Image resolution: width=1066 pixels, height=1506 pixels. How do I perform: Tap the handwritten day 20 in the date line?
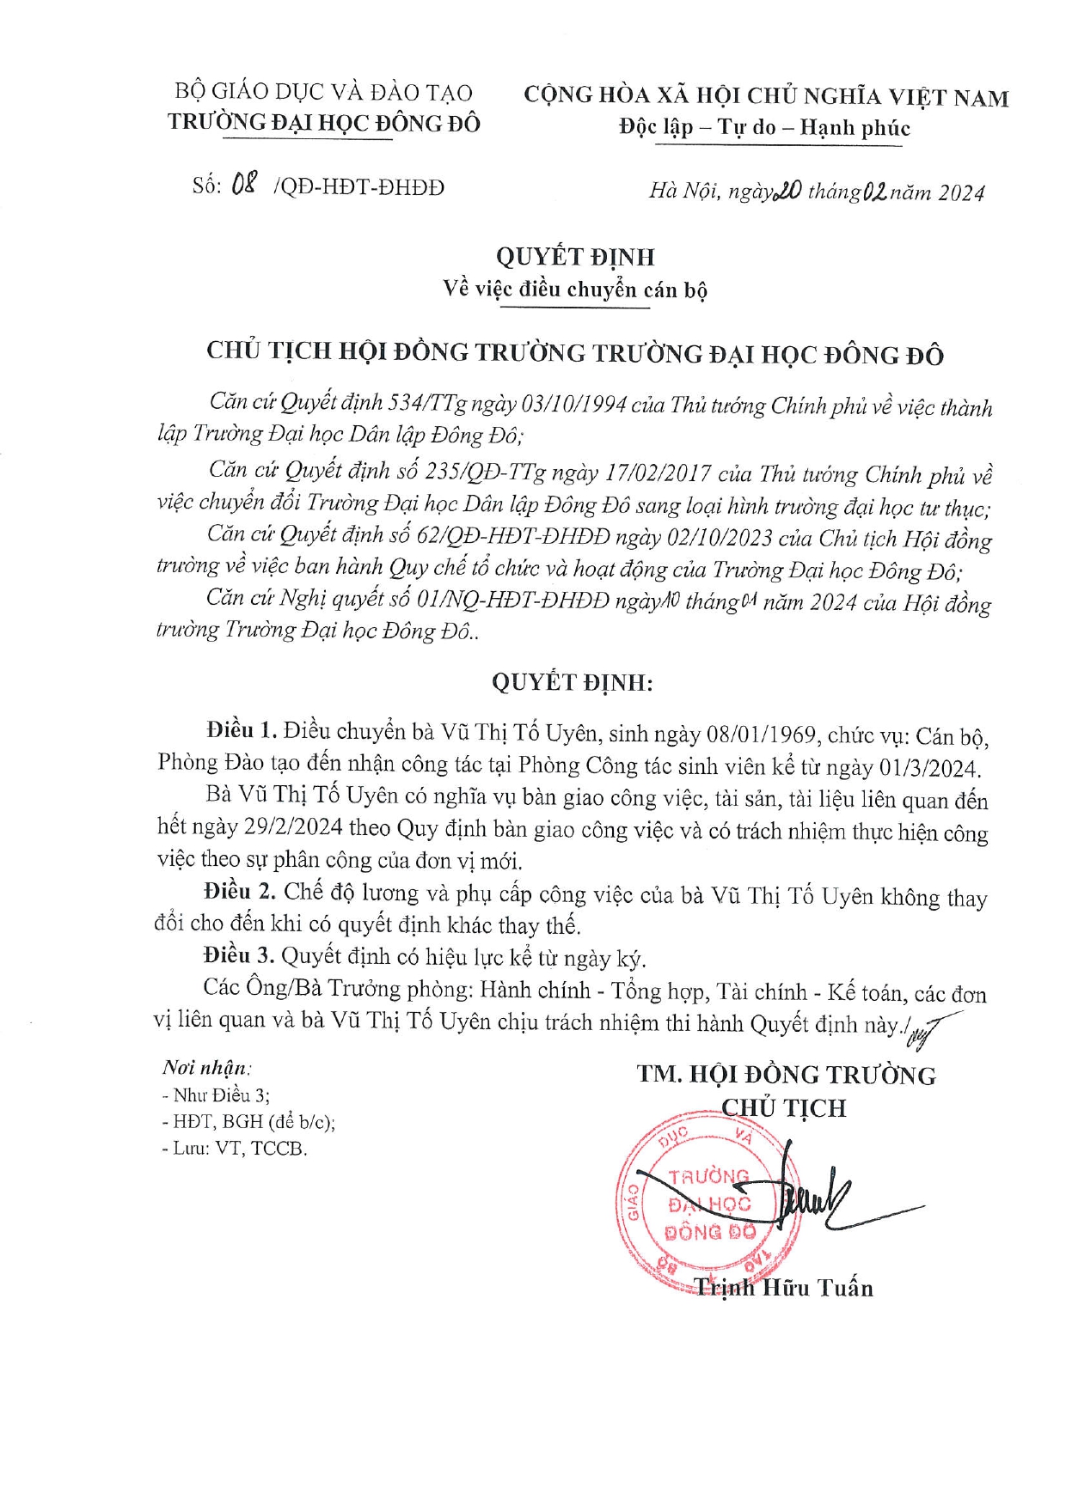[787, 191]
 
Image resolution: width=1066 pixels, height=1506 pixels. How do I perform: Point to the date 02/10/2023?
[718, 538]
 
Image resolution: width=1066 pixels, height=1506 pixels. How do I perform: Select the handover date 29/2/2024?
[293, 827]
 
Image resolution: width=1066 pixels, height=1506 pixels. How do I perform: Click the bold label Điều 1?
[242, 730]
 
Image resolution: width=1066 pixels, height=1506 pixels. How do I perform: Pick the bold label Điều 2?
[240, 892]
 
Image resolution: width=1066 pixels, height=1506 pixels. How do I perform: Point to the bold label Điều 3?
[239, 955]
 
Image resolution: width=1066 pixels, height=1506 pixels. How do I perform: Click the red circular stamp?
[709, 1203]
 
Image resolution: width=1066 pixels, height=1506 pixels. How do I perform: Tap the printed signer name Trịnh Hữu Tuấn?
[783, 1287]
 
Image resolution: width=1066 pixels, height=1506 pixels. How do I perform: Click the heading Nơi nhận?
[206, 1068]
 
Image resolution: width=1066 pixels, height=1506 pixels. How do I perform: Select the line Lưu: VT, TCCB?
[234, 1149]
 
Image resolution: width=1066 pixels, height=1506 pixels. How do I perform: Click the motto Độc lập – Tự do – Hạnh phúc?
[764, 128]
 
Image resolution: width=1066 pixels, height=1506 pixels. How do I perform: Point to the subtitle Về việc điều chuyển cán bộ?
[574, 290]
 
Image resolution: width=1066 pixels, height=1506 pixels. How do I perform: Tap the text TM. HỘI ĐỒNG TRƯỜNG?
[786, 1075]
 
